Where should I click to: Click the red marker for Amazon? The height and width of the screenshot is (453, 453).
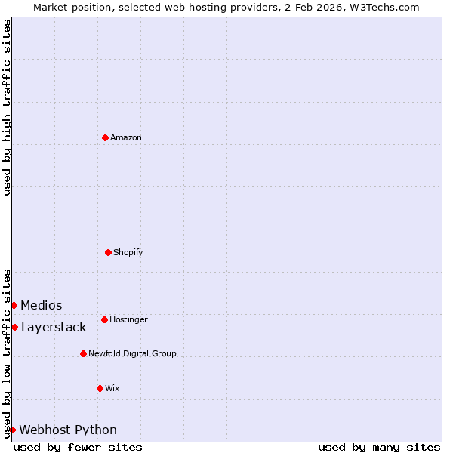coord(105,137)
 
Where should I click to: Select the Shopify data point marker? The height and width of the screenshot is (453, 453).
coord(108,252)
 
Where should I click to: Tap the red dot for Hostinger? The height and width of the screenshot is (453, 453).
coord(104,319)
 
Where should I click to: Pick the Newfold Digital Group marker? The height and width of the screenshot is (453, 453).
coord(83,353)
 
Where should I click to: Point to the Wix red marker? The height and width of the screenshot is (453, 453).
coord(100,388)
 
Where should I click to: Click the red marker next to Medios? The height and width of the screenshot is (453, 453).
coord(14,305)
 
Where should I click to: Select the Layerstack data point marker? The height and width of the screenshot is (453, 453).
coord(14,327)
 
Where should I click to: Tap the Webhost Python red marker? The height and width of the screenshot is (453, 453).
coord(12,430)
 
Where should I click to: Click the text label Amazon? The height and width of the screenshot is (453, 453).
coord(126,137)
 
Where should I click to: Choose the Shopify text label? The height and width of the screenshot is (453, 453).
coord(128,252)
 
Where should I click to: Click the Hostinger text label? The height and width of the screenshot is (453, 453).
coord(128,319)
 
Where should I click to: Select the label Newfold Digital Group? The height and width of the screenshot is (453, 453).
coord(132,353)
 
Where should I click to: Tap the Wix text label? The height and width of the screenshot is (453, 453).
coord(112,388)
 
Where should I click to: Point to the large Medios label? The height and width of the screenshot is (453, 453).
coord(42,305)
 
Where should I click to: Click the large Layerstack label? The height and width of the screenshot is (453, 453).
coord(54,327)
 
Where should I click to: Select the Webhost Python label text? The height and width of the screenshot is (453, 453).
coord(68,430)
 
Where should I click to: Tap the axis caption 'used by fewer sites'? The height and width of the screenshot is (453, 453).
coord(78,447)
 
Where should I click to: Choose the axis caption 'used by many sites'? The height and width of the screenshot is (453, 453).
coord(379,447)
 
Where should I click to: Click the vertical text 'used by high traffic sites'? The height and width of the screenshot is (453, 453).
coord(7,107)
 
